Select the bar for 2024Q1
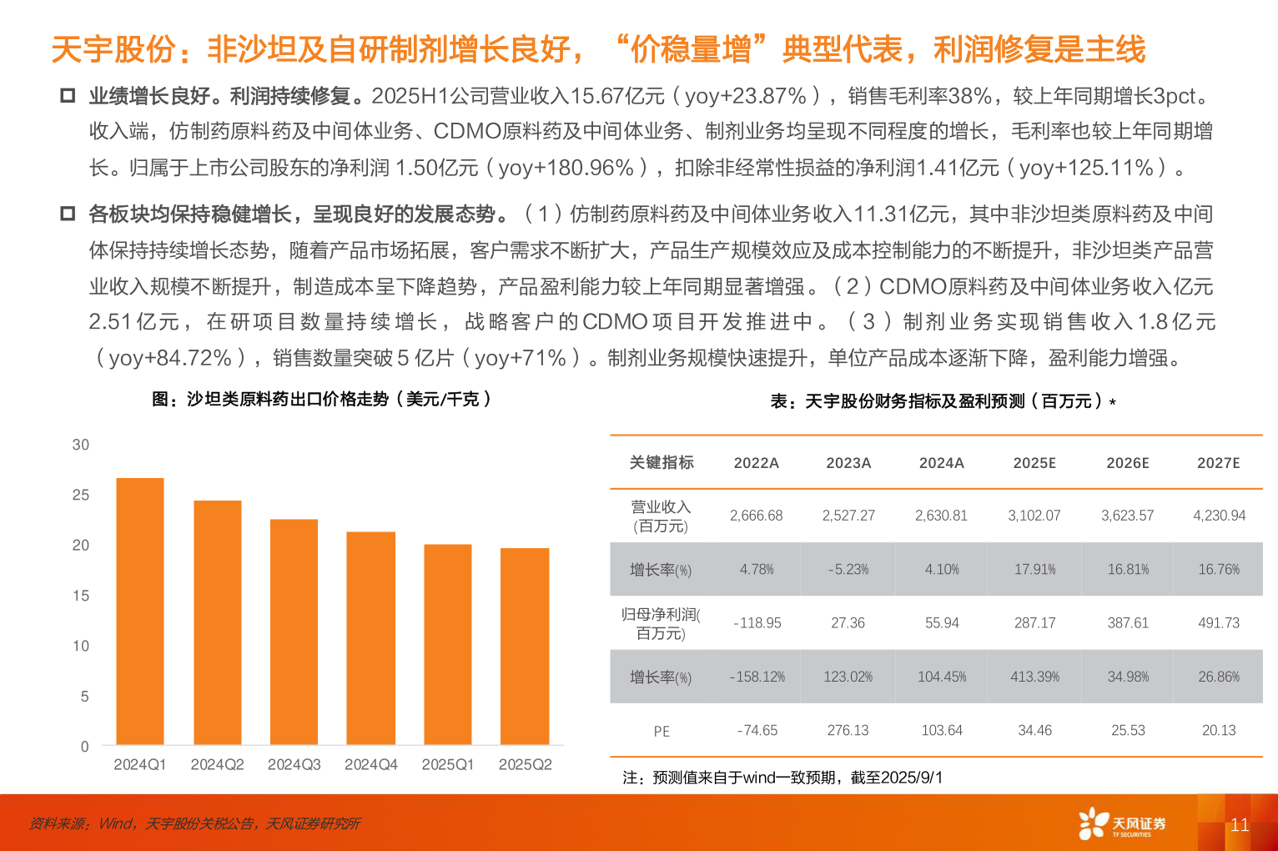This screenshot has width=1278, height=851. click(x=140, y=611)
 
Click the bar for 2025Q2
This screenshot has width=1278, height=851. click(x=525, y=646)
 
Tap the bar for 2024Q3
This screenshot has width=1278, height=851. click(x=294, y=632)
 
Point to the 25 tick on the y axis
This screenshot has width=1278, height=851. click(x=81, y=495)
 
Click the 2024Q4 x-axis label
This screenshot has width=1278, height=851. click(x=371, y=764)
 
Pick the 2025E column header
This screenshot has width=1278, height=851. click(x=1034, y=463)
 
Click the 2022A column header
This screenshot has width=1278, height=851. click(x=756, y=463)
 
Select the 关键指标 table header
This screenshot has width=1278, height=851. click(x=662, y=462)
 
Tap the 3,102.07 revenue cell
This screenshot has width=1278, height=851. click(x=1034, y=516)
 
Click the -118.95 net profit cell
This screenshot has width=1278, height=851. click(x=757, y=623)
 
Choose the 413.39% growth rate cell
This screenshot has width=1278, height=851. click(x=1034, y=677)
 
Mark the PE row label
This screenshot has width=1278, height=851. click(x=662, y=731)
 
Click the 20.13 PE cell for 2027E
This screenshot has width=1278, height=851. click(x=1219, y=731)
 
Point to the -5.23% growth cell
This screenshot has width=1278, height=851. click(x=848, y=570)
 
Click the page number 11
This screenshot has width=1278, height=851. click(x=1240, y=825)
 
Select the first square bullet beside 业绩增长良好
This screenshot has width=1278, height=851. click(x=68, y=96)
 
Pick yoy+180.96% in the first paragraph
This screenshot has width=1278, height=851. click(x=566, y=168)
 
